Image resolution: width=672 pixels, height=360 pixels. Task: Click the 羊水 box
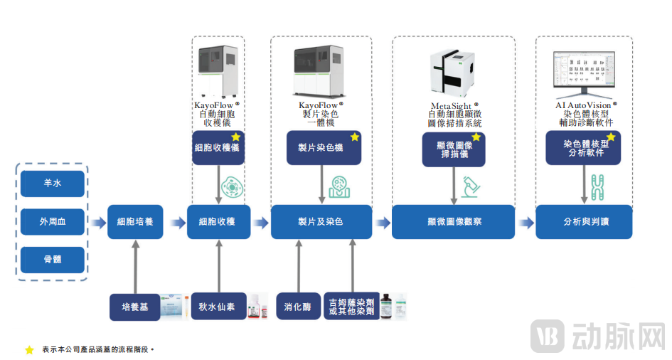[x=52, y=184]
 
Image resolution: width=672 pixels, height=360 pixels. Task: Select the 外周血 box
[x=52, y=221]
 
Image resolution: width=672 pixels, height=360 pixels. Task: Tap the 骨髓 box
[x=52, y=259]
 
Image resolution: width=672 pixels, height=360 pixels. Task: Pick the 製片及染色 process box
[x=321, y=222]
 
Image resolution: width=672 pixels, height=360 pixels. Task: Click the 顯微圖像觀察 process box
[x=453, y=222]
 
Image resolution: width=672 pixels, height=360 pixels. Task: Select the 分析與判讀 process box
[x=584, y=222]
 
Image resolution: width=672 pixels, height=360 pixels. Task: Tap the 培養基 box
[x=134, y=307]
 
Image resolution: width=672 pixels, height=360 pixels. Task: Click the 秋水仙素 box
[x=218, y=307]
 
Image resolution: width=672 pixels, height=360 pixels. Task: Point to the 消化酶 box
[x=298, y=307]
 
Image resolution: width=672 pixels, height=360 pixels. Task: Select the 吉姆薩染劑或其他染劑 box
[x=351, y=307]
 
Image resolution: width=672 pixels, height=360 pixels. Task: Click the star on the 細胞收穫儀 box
[x=235, y=137]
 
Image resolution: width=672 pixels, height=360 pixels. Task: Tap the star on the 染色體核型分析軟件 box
[x=610, y=137]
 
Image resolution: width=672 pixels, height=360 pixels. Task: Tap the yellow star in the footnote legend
[x=29, y=349]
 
